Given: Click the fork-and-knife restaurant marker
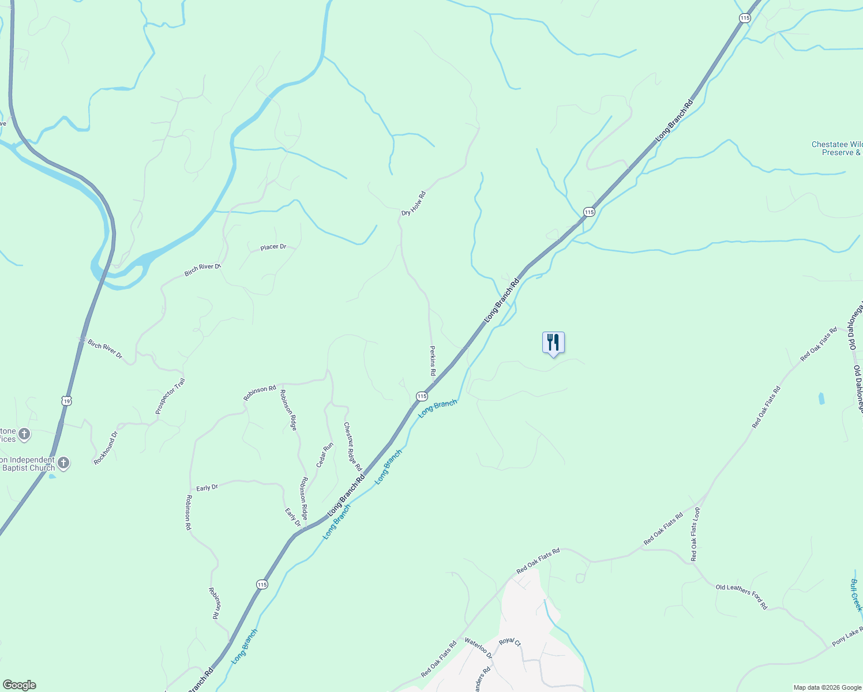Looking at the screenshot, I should click(553, 343).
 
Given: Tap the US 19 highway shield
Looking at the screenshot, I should click(67, 400).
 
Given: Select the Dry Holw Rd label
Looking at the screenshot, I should click(413, 204).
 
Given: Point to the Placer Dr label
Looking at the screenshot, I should click(273, 247).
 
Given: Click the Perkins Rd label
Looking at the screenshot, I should click(433, 361).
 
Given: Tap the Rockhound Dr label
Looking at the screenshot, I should click(106, 448).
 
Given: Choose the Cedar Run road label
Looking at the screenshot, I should click(324, 455).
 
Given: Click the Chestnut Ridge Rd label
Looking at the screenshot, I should click(352, 446).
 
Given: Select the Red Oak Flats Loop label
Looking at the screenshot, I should click(695, 534).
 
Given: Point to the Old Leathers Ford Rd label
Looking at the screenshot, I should click(741, 597).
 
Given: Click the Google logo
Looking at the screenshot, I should click(19, 685).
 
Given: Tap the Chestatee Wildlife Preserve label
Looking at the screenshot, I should click(836, 149).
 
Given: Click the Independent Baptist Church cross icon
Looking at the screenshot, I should click(63, 462).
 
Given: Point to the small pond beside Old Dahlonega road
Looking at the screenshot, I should click(821, 398).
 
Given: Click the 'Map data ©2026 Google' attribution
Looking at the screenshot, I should click(827, 687).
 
